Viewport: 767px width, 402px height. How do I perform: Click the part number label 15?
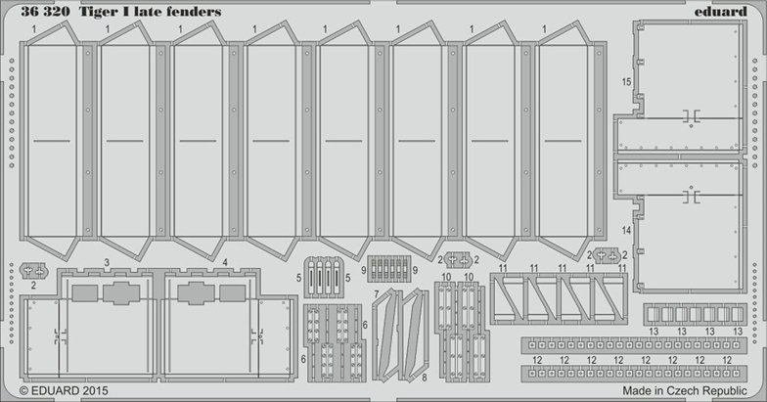click(626, 84)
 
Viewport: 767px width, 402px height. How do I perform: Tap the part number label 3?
click(107, 263)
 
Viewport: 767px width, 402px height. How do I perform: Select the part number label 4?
click(225, 263)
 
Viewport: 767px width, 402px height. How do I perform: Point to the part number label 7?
click(376, 294)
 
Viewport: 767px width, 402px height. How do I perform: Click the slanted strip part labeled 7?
click(386, 333)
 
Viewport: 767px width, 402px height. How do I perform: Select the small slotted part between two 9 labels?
click(388, 268)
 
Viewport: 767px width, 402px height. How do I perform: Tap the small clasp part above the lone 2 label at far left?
click(32, 269)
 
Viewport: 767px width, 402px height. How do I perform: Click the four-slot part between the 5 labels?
click(326, 276)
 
